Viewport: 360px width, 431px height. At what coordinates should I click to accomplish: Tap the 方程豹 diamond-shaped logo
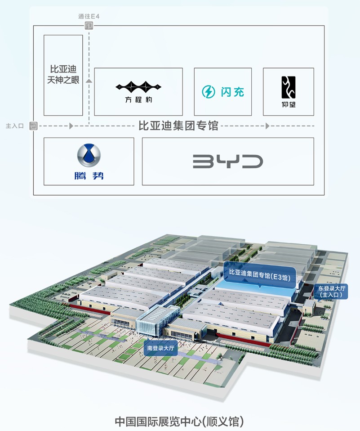click(x=138, y=86)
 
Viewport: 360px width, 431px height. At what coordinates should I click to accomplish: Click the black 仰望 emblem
click(x=288, y=87)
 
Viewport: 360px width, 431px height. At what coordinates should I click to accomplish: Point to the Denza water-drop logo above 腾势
click(x=89, y=156)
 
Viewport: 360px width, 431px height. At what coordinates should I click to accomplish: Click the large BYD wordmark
click(x=228, y=162)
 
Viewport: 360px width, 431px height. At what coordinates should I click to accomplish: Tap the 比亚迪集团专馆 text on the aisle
click(x=178, y=126)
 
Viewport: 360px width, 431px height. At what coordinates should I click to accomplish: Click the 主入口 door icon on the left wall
click(x=33, y=126)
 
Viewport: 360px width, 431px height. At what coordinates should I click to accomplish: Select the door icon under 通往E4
click(x=89, y=26)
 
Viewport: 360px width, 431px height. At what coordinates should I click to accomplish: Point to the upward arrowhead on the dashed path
click(x=89, y=81)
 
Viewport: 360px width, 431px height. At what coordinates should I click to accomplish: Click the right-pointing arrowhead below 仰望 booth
click(x=267, y=126)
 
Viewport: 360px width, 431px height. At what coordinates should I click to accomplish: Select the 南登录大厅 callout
click(x=160, y=348)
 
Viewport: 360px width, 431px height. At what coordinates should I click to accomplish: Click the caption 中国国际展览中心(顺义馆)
click(x=179, y=422)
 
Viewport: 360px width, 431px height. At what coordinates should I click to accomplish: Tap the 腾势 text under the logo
click(x=89, y=175)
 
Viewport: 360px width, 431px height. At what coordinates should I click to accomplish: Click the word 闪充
click(x=232, y=92)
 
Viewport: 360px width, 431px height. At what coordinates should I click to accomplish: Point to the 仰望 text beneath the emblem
click(x=288, y=105)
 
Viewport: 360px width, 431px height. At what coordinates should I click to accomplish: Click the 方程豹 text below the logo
click(x=138, y=99)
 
